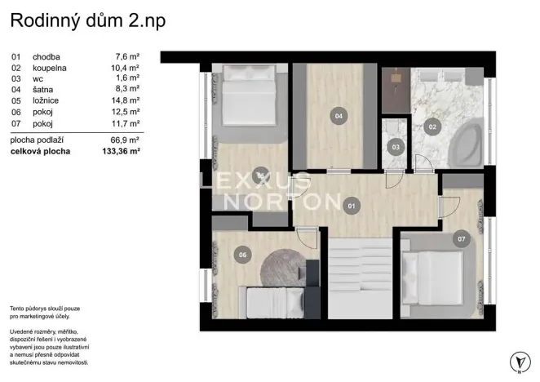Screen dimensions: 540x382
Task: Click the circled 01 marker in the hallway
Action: click(x=352, y=206)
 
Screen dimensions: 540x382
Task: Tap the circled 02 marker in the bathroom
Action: click(x=432, y=127)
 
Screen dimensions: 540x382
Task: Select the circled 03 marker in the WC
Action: click(x=396, y=147)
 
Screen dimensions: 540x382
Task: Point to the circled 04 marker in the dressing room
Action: click(x=339, y=116)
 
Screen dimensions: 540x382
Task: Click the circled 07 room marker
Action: click(x=462, y=238)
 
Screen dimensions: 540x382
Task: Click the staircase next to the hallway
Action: click(x=360, y=278)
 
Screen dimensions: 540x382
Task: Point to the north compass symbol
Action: click(x=520, y=362)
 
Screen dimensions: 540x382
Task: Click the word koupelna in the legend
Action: click(x=50, y=68)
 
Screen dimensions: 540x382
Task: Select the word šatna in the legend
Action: click(x=42, y=90)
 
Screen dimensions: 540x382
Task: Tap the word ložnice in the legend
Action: click(x=46, y=100)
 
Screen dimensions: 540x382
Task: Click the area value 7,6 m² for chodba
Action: click(x=127, y=56)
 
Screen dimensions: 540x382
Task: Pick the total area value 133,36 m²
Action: click(x=122, y=151)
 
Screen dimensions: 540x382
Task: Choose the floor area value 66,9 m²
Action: click(x=125, y=140)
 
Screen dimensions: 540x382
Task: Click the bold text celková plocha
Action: click(x=40, y=151)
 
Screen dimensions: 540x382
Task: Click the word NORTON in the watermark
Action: click(x=282, y=202)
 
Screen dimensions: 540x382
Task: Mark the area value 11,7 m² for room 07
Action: click(x=126, y=123)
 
